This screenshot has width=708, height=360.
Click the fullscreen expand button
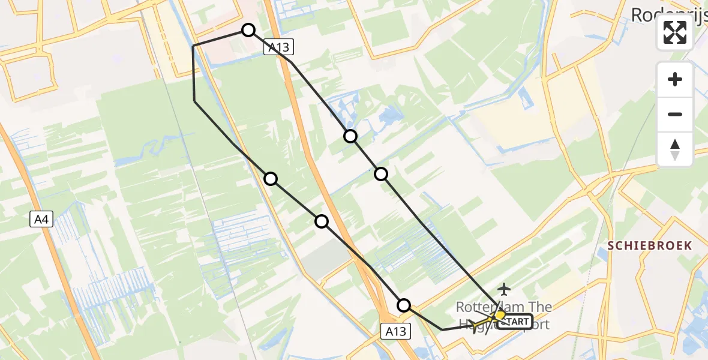coord(675,33)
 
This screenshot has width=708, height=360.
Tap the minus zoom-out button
coord(675,114)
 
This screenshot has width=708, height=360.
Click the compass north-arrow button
coord(675,149)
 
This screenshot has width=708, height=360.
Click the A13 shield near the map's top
coord(279,48)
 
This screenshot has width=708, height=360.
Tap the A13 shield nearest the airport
coord(396,331)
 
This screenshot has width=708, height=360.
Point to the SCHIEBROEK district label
coord(650,245)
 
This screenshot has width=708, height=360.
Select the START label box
coord(515,322)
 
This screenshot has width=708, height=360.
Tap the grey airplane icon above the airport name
coord(503,290)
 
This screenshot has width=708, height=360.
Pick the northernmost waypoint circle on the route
coord(248,30)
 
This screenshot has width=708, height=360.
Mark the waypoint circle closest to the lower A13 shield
coord(404,305)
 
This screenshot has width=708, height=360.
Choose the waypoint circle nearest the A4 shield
coord(271,178)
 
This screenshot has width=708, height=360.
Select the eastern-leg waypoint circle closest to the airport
coord(381,174)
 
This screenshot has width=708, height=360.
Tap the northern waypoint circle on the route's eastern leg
coord(350,136)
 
